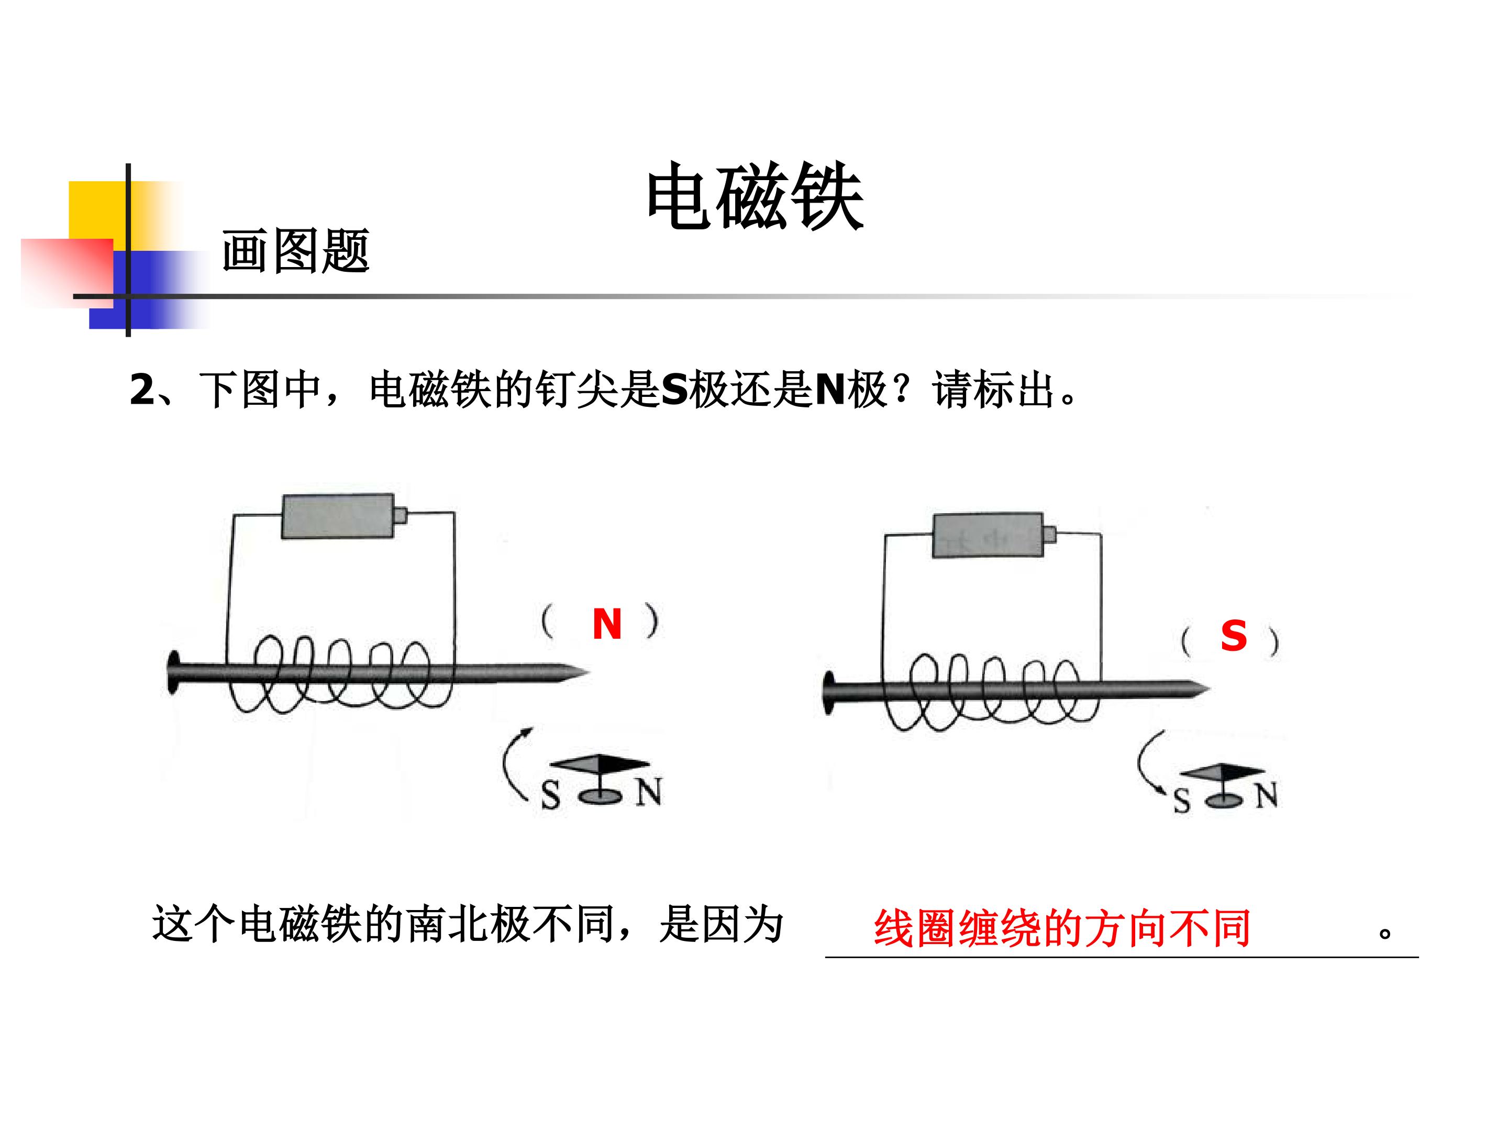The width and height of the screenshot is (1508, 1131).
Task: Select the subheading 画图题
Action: pyautogui.click(x=295, y=251)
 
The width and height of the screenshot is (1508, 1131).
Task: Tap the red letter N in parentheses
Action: pyautogui.click(x=607, y=624)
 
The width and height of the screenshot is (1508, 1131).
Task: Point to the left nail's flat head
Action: pyautogui.click(x=174, y=673)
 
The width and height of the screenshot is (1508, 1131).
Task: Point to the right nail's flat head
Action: pyautogui.click(x=829, y=693)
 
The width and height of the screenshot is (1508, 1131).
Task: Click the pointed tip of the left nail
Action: pyautogui.click(x=586, y=673)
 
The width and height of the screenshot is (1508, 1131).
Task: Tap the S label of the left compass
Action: pyautogui.click(x=551, y=794)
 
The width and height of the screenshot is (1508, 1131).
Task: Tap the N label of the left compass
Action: pyautogui.click(x=648, y=792)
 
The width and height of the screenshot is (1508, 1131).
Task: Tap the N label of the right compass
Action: pyautogui.click(x=1267, y=795)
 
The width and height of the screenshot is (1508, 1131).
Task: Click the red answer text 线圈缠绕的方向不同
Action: pyautogui.click(x=1062, y=928)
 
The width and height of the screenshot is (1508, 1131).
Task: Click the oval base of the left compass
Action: pyautogui.click(x=601, y=795)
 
